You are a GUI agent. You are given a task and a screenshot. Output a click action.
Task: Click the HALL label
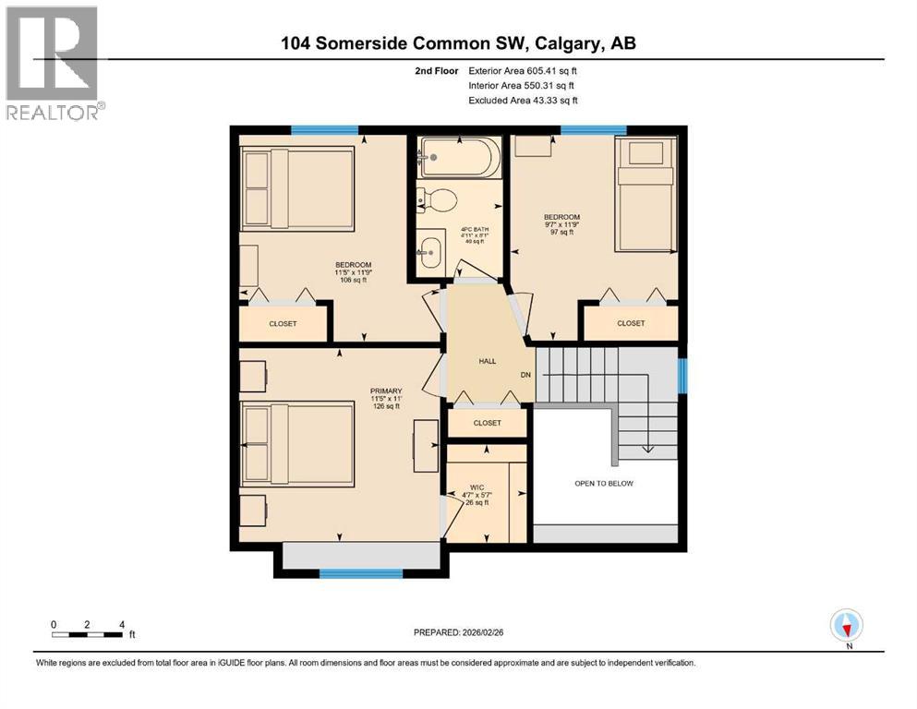point(487,361)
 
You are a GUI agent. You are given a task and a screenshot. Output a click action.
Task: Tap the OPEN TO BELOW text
point(604,484)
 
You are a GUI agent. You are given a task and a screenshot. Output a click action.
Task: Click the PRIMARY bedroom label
point(362,391)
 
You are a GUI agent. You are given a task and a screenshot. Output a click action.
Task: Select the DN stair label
point(525,375)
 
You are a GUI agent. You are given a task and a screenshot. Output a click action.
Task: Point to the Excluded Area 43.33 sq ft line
point(524,100)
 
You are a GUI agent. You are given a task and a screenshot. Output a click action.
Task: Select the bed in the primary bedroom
point(298,444)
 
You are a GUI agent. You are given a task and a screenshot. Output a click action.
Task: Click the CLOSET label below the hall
point(487,423)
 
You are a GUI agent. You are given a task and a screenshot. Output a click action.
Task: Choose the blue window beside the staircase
point(683,375)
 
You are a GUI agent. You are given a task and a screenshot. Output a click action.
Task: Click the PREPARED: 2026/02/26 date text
point(462,632)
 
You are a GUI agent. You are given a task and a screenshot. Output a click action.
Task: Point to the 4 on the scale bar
point(121,624)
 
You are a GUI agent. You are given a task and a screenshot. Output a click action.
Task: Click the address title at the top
point(458,42)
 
